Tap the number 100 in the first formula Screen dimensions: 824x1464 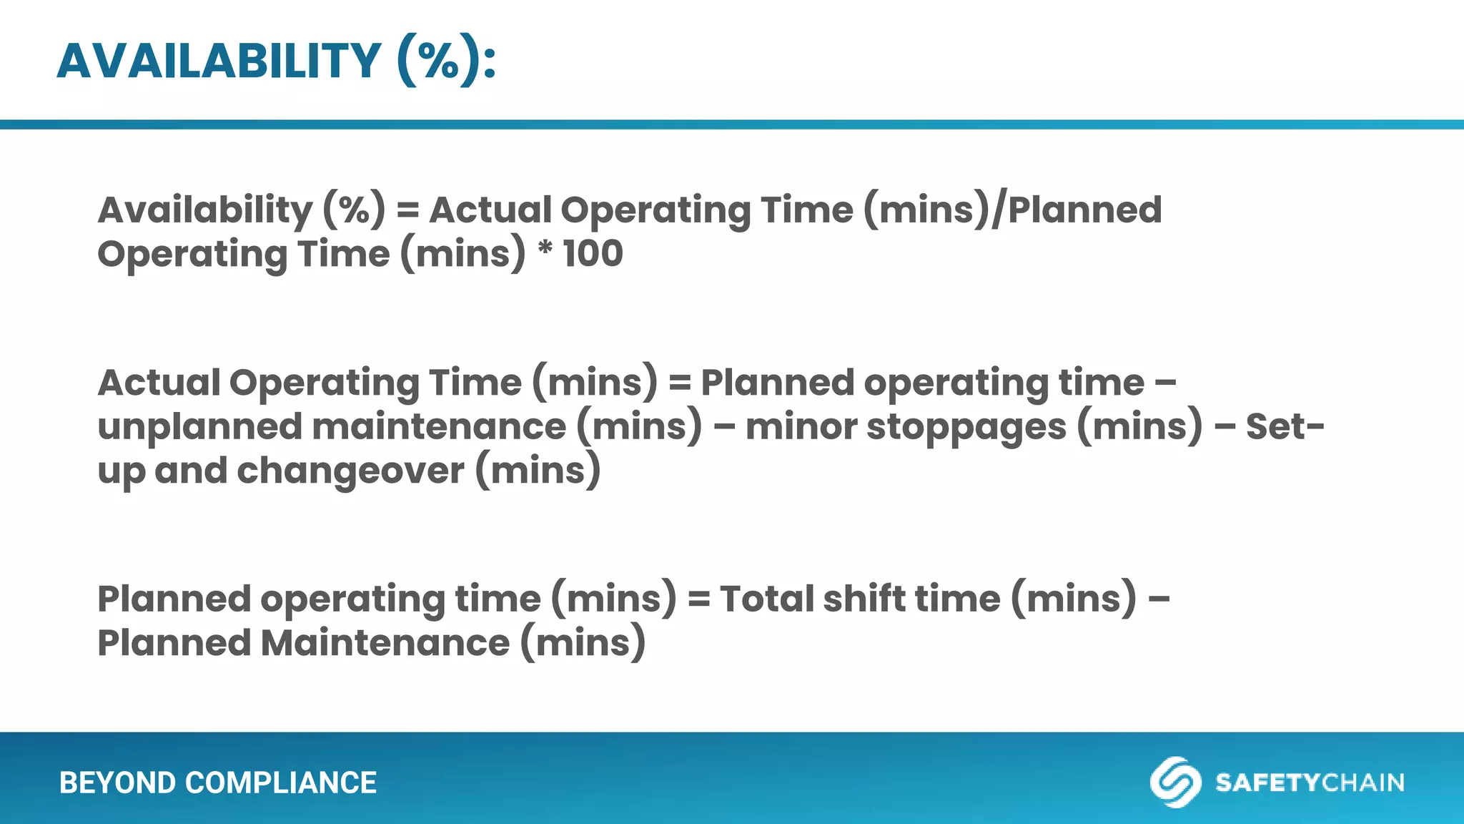[x=593, y=254]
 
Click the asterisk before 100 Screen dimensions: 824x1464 [x=545, y=250]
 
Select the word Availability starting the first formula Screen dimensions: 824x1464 [x=205, y=210]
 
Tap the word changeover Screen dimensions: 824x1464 [x=350, y=471]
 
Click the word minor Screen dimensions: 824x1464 [x=801, y=427]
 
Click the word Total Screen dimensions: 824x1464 [x=766, y=599]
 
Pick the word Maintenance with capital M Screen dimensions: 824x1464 [x=385, y=643]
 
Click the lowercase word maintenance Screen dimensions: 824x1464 [x=439, y=427]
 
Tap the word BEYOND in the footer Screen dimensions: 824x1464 [x=117, y=783]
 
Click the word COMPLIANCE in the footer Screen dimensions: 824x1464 [x=281, y=783]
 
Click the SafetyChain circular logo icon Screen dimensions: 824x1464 [x=1174, y=782]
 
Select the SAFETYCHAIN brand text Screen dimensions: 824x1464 [x=1310, y=783]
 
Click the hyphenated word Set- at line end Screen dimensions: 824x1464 [x=1285, y=427]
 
